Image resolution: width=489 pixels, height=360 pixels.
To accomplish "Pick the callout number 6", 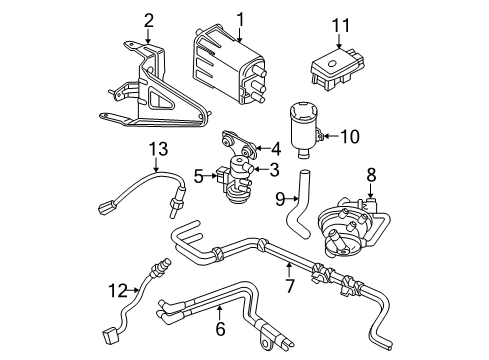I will click(x=221, y=328).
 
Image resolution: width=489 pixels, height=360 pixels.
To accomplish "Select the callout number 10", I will click(x=378, y=135).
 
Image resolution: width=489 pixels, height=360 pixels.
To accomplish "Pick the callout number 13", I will click(x=156, y=150).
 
